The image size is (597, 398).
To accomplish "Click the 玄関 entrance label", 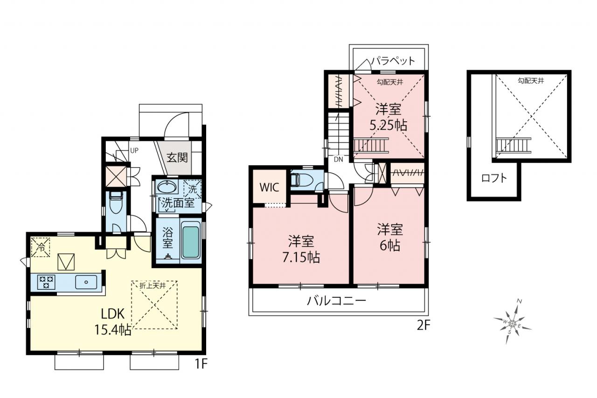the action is click(177, 158).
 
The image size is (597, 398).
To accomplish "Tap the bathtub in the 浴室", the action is click(191, 242).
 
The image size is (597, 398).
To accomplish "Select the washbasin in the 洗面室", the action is click(167, 187).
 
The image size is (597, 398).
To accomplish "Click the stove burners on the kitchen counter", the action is click(46, 282).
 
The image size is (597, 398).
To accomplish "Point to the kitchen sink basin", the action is click(86, 282).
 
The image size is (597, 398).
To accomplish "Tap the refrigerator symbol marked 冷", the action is click(41, 247).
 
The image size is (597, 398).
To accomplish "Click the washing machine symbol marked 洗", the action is click(193, 189).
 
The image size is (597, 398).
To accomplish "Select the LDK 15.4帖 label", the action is click(113, 321).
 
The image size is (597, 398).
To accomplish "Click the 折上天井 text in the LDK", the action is click(153, 286).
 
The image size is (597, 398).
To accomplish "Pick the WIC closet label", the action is click(269, 188).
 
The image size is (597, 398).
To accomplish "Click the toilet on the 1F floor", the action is click(116, 202).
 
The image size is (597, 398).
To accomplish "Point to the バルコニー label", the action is click(337, 301).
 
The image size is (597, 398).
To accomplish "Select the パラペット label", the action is click(393, 61).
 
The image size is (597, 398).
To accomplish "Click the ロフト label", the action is click(494, 178).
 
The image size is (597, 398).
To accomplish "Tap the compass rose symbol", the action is click(512, 323).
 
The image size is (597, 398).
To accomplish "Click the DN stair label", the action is click(339, 160).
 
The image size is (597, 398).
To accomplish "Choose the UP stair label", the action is click(134, 151).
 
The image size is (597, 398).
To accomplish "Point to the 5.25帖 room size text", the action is click(389, 125).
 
